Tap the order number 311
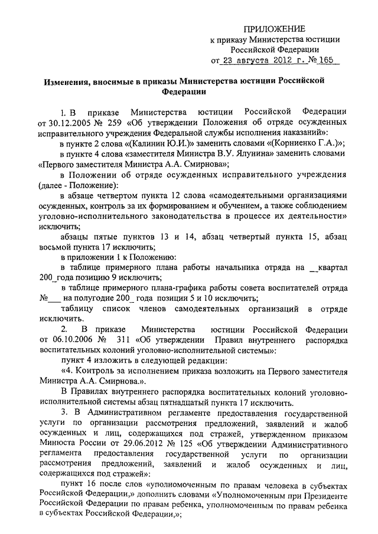point(126,340)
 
